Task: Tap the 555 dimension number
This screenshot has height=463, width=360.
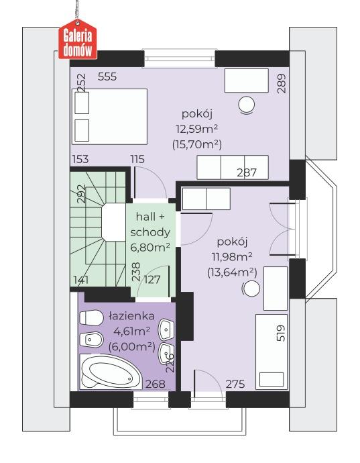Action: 107,76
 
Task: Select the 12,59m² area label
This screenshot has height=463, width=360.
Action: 197,129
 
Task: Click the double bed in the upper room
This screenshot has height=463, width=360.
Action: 110,116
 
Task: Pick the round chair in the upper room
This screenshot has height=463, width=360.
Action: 247,105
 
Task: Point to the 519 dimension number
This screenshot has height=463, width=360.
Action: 282,334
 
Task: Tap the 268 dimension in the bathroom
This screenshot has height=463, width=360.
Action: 156,384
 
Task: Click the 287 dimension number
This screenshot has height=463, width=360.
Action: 247,172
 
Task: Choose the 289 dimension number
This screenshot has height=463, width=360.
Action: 282,84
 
